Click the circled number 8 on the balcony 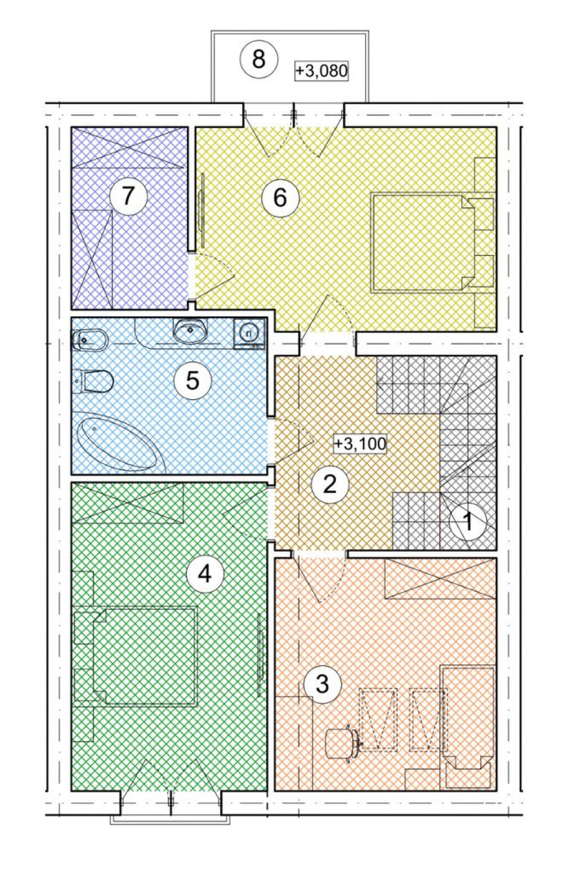[258, 60]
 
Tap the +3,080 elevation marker [321, 72]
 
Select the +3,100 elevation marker [361, 443]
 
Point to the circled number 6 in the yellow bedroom [280, 198]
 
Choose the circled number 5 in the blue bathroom [193, 381]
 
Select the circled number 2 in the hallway [330, 485]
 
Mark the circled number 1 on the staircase [468, 522]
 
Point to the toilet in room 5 [93, 381]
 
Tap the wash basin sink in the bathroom [190, 331]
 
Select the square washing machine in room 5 [249, 333]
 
